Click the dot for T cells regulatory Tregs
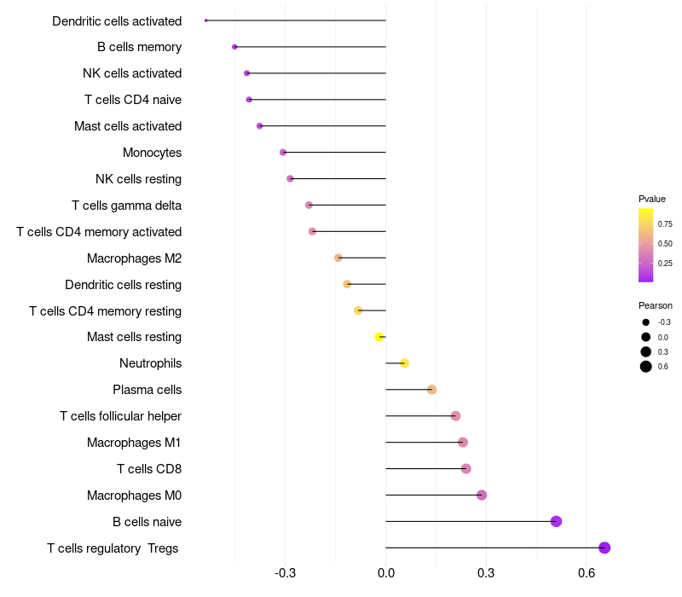pyautogui.click(x=604, y=548)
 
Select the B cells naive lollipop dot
pyautogui.click(x=556, y=521)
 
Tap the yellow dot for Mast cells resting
pyautogui.click(x=379, y=337)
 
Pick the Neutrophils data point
pyautogui.click(x=404, y=363)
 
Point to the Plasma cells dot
pyautogui.click(x=431, y=390)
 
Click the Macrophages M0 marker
pyautogui.click(x=482, y=495)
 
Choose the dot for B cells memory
pyautogui.click(x=234, y=47)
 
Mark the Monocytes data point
pyautogui.click(x=283, y=153)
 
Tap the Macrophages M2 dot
pyautogui.click(x=338, y=258)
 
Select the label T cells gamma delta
pyautogui.click(x=126, y=206)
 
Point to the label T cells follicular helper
pyautogui.click(x=120, y=416)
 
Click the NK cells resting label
pyautogui.click(x=138, y=179)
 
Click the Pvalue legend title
pyautogui.click(x=652, y=199)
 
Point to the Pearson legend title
pyautogui.click(x=655, y=305)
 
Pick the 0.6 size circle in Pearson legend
pyautogui.click(x=646, y=367)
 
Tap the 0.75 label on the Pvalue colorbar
pyautogui.click(x=665, y=224)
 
